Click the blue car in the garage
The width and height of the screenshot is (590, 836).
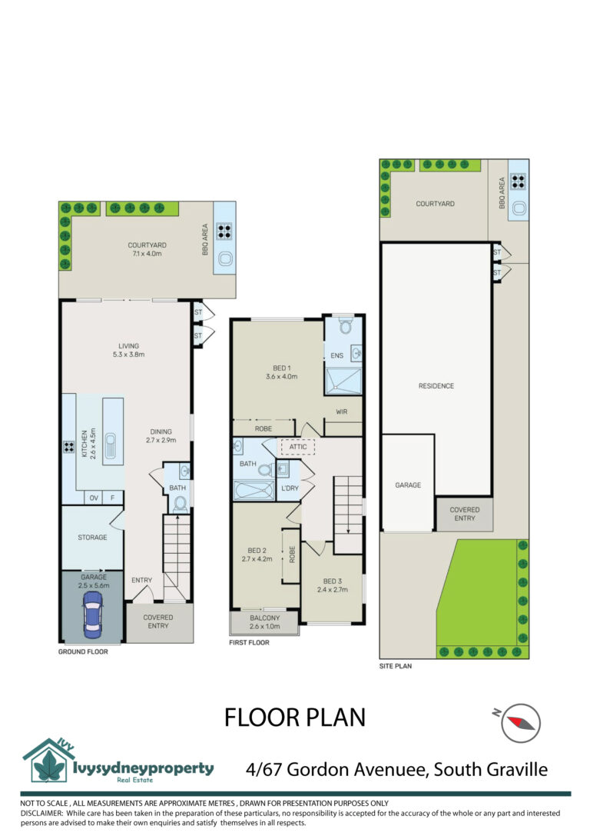(x=92, y=615)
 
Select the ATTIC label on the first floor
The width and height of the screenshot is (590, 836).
(x=298, y=447)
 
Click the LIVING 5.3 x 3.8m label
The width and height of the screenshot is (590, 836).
(x=129, y=350)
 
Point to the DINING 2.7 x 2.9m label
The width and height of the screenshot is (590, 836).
(x=161, y=435)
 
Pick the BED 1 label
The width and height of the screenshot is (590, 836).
(x=282, y=372)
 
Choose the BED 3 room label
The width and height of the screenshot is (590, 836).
(x=333, y=585)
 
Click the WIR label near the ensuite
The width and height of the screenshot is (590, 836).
(x=342, y=411)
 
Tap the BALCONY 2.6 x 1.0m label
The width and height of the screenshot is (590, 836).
(x=264, y=621)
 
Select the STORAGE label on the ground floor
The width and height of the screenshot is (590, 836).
(x=93, y=538)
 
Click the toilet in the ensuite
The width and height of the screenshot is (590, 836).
(x=346, y=326)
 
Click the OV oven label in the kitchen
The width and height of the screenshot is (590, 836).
(x=94, y=498)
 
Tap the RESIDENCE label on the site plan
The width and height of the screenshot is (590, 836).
(x=436, y=385)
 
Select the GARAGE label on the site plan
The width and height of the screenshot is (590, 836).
(x=408, y=485)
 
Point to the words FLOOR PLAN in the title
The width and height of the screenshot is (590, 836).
(x=294, y=718)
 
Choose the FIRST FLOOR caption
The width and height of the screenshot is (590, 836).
(x=249, y=642)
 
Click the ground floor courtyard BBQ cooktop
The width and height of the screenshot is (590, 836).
(x=224, y=231)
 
